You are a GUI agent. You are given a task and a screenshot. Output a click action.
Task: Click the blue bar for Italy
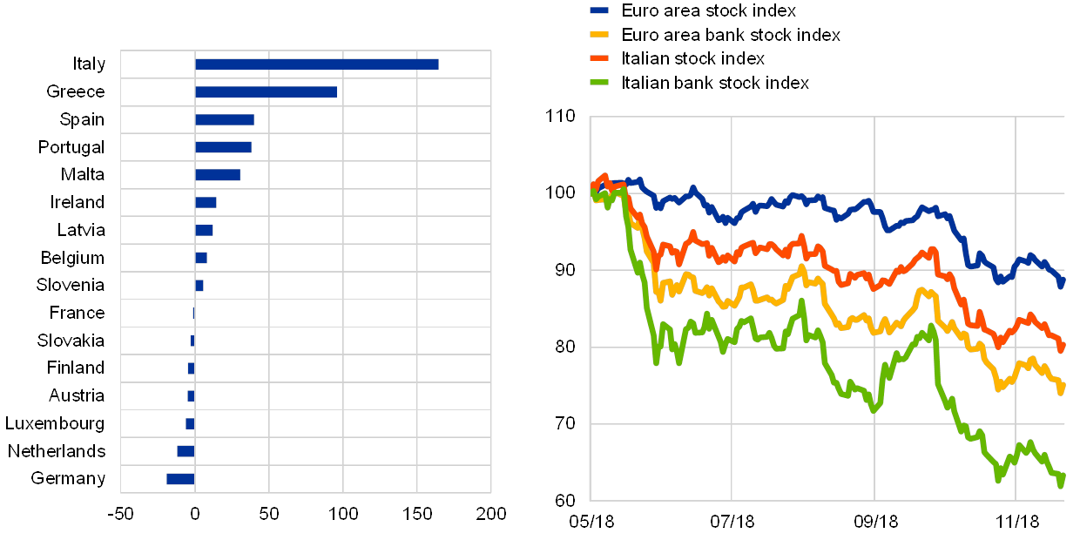tap(316, 64)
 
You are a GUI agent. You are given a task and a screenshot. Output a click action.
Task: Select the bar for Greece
tap(266, 91)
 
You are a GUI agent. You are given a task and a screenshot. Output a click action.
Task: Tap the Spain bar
tap(224, 119)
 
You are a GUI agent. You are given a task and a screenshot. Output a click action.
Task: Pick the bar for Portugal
tap(223, 147)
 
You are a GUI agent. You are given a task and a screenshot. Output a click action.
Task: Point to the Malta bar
tap(217, 175)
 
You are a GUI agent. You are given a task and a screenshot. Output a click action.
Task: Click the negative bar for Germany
tap(180, 479)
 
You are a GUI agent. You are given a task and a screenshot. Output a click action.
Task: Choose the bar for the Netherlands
tap(186, 451)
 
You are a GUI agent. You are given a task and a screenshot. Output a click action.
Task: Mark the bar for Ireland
tap(206, 203)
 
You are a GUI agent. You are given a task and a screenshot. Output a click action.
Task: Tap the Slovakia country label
tap(71, 341)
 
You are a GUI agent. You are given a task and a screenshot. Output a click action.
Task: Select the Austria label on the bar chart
tap(77, 396)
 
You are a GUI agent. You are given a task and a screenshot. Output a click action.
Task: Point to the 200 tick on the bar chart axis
tap(491, 515)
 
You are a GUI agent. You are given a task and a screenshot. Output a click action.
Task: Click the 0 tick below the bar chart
tap(195, 515)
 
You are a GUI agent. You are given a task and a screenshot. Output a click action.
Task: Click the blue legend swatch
tap(599, 10)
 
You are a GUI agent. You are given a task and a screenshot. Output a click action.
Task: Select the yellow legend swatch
tap(599, 35)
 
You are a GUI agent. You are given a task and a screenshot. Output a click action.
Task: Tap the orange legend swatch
tap(599, 59)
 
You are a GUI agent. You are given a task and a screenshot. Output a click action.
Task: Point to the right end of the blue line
tap(1062, 280)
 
